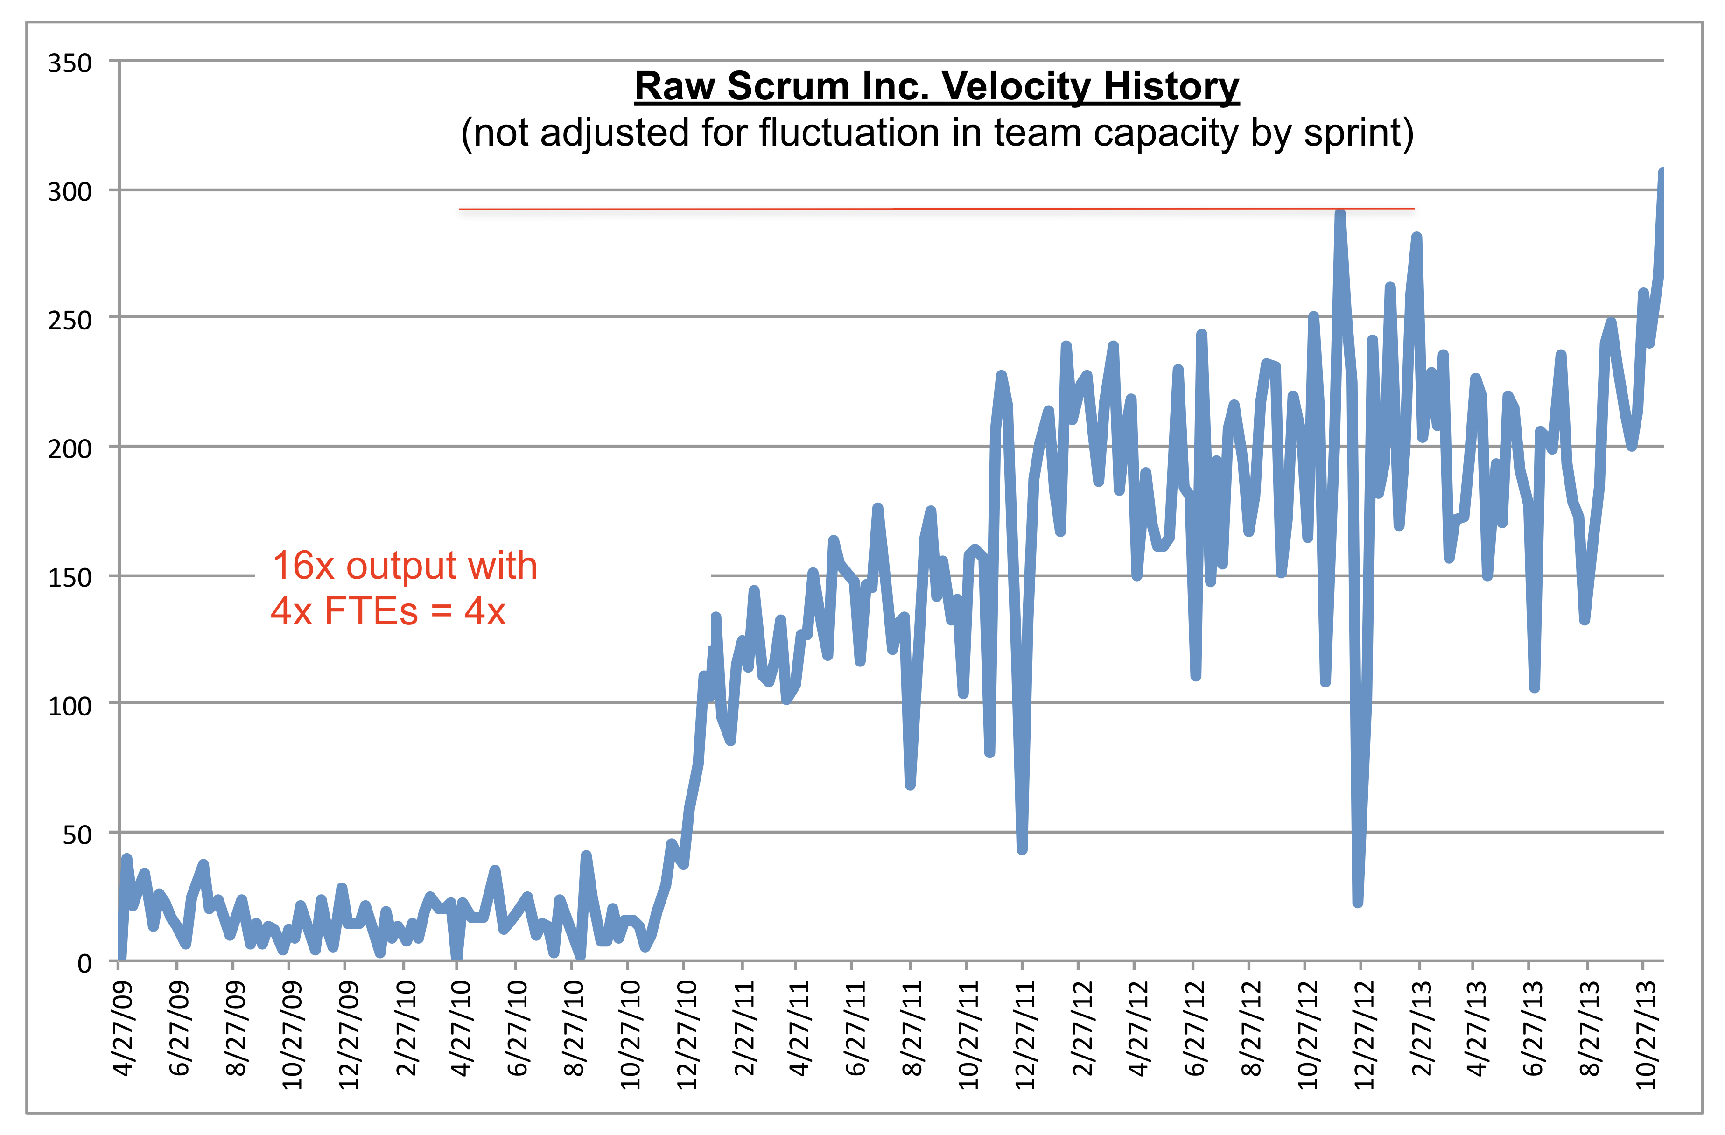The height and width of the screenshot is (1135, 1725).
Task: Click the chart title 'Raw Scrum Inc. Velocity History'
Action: click(936, 86)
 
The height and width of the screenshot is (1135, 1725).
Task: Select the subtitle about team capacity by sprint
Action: click(936, 133)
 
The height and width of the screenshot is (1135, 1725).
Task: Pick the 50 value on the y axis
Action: click(77, 835)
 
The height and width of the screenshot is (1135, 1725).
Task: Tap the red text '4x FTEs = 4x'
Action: click(388, 611)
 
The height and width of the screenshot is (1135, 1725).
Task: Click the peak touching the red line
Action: click(1339, 213)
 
